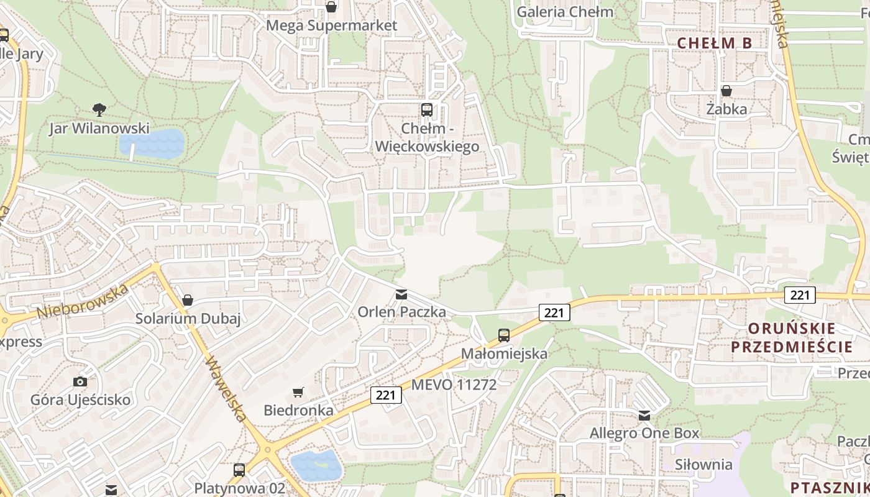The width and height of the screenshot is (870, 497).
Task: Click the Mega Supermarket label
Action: pos(331,25)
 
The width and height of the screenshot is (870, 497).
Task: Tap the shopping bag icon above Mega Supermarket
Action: pos(331,7)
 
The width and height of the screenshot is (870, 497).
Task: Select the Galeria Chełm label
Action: pos(565,12)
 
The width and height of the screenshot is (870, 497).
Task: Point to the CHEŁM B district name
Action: pos(714,43)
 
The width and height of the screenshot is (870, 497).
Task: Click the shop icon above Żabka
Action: pos(726,91)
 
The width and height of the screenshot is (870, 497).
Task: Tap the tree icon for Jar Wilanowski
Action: pos(99,110)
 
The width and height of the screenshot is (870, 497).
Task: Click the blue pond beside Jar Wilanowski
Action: pos(152,144)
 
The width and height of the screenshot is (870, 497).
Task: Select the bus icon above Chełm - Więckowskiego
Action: pos(427,110)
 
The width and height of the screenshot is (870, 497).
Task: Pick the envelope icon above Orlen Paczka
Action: pos(401,294)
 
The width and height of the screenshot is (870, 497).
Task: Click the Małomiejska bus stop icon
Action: pos(504,335)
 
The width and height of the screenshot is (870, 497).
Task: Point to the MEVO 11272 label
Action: pos(454,385)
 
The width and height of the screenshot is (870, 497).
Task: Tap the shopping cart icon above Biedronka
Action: pos(298,392)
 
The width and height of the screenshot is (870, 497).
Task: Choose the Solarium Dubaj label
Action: pos(188,319)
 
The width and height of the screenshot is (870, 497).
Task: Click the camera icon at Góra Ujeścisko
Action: pos(80,381)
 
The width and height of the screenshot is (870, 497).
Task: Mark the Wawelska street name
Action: pos(227,388)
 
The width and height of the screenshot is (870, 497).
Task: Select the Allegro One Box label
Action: pos(644,433)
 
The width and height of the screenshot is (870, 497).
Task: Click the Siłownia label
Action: pos(704,464)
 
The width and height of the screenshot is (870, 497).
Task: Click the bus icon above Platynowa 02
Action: pos(239,470)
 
